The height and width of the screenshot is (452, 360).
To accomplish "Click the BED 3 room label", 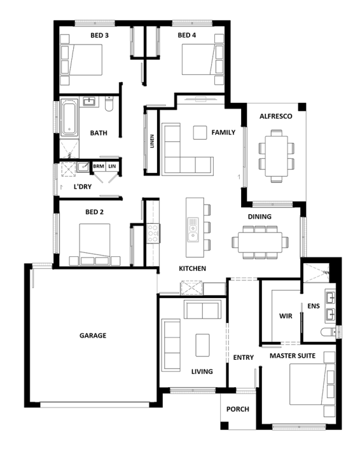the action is coord(99,35).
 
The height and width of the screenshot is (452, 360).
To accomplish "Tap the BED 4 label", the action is coord(186,35).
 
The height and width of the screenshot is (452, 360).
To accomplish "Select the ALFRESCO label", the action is coord(276,116).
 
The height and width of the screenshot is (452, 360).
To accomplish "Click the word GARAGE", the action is coord(93,335).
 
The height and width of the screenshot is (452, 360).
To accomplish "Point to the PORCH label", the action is coord(238,409).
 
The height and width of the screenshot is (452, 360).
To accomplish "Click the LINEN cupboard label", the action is coord(152,141).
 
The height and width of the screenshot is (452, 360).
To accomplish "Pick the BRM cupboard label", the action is coord(99,166).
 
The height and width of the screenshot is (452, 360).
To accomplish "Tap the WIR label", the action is coord(286,316).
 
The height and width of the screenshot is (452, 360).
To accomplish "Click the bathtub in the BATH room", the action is coord(69,118).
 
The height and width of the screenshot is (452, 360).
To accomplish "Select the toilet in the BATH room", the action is coord(109,104).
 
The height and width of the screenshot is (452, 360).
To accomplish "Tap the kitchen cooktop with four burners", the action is coord(153,233).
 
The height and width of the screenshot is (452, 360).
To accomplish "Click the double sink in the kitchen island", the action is coord(193,229).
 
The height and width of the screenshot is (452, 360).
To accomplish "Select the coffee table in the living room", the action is coord(202,345).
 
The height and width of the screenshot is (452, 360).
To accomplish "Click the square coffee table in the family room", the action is coord(200,133).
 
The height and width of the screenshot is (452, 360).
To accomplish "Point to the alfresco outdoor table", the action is coord(276,156).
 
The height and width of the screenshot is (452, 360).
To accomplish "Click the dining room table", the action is coord(260,242).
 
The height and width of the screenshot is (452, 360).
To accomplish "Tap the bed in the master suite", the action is coord(312,384).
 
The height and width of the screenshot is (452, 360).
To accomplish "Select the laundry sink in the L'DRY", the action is coord(83,167).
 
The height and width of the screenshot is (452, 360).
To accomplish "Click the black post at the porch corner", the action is coord(225,425).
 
